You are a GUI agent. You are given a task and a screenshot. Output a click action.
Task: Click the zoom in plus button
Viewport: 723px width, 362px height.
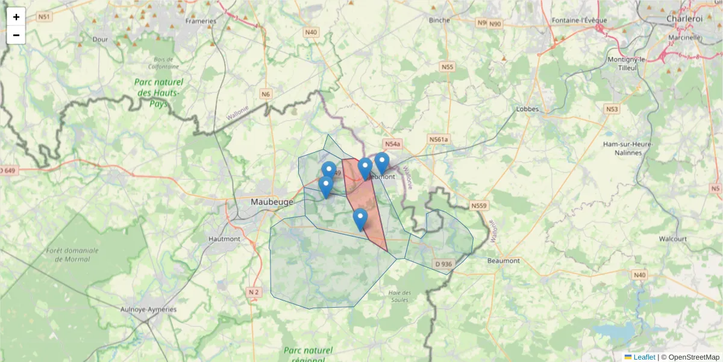16,16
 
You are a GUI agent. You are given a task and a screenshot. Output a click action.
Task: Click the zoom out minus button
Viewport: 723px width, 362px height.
16,35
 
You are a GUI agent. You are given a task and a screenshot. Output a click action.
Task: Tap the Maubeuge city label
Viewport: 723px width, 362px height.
272,202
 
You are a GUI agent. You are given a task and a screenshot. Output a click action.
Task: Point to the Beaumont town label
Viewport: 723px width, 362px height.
503,261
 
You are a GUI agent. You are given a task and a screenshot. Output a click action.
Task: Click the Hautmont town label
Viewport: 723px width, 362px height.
224,239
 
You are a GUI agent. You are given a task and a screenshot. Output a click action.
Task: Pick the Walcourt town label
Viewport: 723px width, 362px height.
672,239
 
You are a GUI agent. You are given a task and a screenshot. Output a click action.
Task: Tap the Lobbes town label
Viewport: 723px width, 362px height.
528,109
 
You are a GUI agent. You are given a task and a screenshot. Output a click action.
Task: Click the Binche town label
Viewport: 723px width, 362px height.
439,20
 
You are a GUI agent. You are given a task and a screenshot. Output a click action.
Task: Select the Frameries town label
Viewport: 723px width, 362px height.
201,21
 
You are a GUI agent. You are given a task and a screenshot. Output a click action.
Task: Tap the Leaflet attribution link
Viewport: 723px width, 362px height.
644,357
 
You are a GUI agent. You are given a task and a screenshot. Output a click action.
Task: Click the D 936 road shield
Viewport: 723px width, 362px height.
443,264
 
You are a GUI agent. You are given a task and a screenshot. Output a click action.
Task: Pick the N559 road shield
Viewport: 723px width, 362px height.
479,206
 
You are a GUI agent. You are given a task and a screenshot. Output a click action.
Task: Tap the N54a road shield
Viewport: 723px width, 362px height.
392,144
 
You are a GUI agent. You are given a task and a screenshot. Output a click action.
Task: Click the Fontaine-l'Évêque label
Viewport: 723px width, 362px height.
579,20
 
